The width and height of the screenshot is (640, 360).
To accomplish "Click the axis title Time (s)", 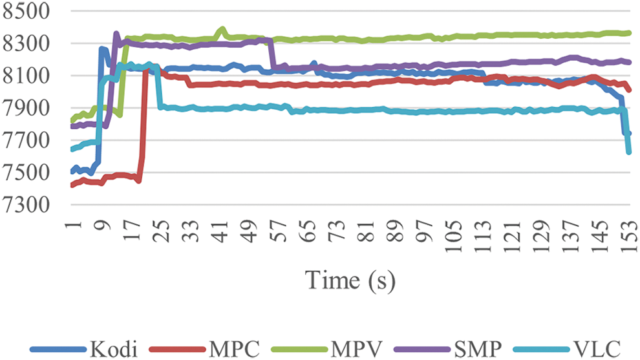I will pyautogui.click(x=350, y=281).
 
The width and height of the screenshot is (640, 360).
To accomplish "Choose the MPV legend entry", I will pyautogui.click(x=358, y=350).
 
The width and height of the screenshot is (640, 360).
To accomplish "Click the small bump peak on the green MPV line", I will pyautogui.click(x=222, y=29).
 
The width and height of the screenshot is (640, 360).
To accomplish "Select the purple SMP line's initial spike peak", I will pyautogui.click(x=116, y=34).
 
